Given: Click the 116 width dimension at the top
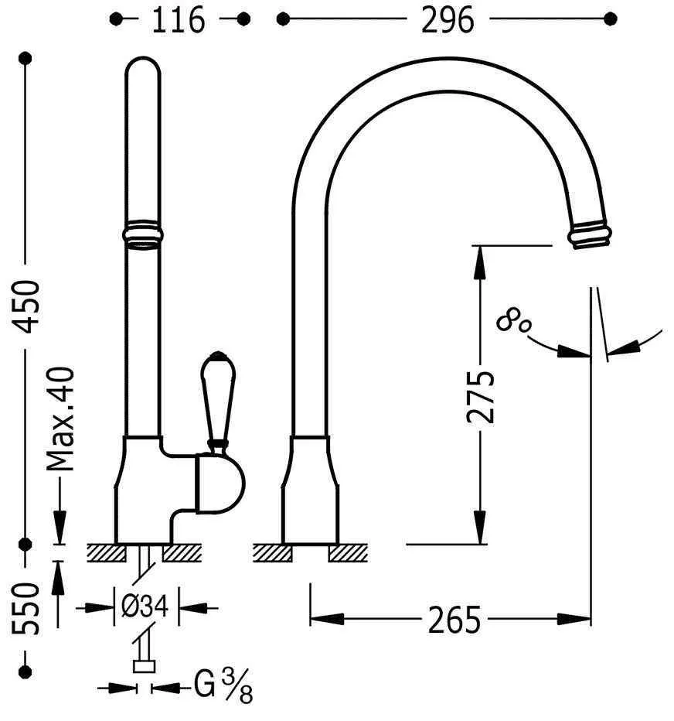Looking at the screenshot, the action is click(179, 20).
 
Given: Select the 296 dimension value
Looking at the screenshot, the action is click(448, 20).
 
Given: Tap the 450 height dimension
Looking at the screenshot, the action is click(26, 306).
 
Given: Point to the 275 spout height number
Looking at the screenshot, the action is click(481, 396).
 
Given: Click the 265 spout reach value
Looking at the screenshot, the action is click(454, 620).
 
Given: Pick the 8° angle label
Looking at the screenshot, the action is click(514, 319).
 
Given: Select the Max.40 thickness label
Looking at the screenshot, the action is click(60, 419).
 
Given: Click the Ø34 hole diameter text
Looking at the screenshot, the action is click(145, 607).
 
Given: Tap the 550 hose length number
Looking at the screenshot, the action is click(26, 609).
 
